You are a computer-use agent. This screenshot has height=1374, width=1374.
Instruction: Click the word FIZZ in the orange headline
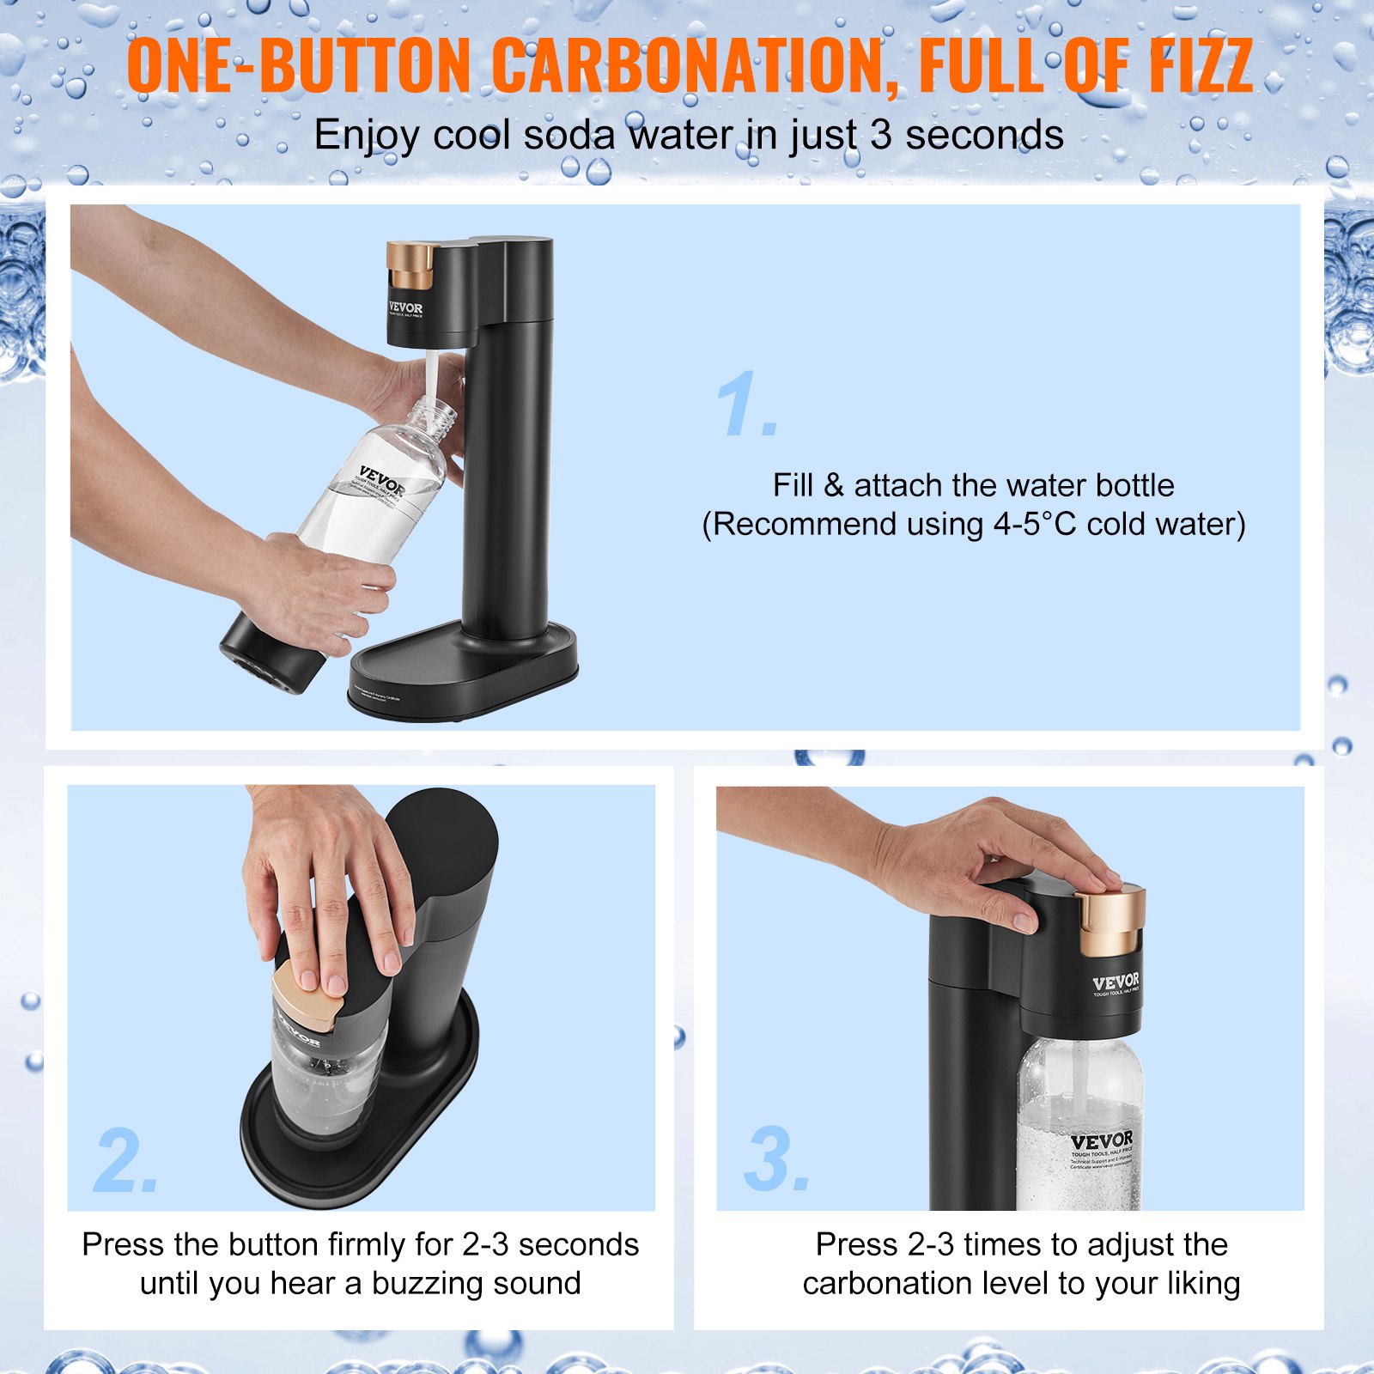point(1201,67)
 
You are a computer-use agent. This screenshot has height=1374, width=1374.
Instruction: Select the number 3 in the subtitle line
point(880,136)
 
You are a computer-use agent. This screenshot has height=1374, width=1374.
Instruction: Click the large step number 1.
point(745,405)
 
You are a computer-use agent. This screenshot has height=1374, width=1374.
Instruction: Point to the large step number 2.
point(125,1161)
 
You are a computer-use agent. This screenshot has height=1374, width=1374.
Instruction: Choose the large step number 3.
point(775,1161)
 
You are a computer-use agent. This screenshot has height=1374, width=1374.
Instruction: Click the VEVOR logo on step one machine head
point(405,308)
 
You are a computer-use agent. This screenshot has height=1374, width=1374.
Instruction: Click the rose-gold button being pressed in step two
point(307,1000)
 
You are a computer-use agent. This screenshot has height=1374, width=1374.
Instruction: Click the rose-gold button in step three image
point(1110,921)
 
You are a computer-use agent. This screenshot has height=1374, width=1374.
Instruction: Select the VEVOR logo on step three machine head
point(1116,982)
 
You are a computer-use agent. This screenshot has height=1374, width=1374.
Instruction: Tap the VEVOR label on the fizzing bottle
point(1101,1142)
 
